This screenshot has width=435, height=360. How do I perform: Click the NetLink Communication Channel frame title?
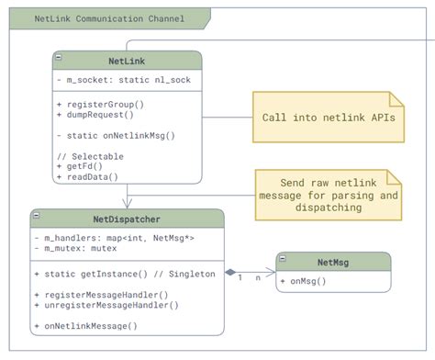coord(108,18)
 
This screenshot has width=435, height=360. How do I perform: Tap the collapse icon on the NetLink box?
coord(59,57)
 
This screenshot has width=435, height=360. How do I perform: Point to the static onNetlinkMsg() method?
coord(115,136)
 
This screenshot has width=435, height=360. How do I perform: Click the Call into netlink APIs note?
coord(328,118)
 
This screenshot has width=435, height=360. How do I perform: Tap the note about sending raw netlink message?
coord(327,196)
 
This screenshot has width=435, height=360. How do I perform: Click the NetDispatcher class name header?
coord(127,219)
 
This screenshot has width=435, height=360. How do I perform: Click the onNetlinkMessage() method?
coord(95,326)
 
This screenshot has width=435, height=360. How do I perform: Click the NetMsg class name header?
coord(333,263)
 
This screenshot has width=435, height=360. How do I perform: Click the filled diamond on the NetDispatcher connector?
coord(230,272)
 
